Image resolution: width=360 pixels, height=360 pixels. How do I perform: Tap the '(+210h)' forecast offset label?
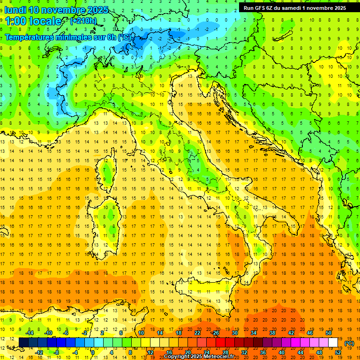(83, 21)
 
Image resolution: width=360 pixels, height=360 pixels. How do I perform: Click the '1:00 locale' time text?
(33, 21)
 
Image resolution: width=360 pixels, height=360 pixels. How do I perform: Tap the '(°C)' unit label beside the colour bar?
(349, 343)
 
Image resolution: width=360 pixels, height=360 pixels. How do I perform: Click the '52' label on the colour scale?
(338, 352)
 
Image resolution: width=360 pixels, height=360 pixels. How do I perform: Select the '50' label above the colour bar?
(329, 333)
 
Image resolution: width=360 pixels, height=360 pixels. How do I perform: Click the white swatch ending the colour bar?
(333, 343)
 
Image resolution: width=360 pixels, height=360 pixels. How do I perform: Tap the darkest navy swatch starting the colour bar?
(23, 343)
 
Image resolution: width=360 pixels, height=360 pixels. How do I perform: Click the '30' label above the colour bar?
(234, 333)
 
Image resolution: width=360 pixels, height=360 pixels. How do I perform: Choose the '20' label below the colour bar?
(187, 352)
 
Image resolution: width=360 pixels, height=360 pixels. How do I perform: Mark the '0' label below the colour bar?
(94, 352)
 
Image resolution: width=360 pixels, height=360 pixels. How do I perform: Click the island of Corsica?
(108, 169)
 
